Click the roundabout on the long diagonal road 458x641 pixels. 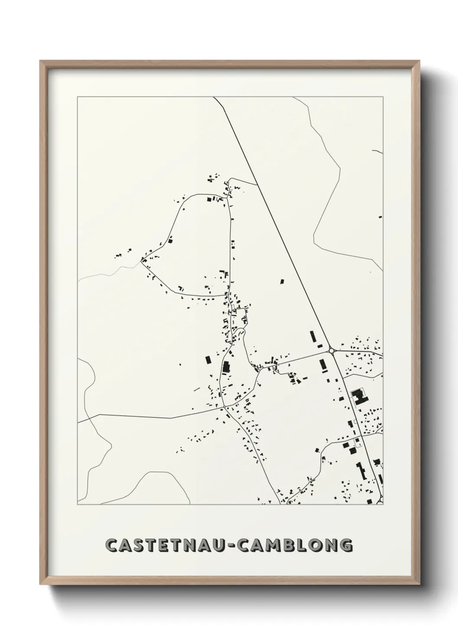click(332, 350)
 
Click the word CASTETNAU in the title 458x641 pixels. click(166, 545)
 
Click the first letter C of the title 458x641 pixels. click(112, 545)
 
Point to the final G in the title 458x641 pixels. click(345, 545)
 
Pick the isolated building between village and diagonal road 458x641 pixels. click(282, 282)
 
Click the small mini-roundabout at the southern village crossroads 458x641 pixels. click(224, 407)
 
